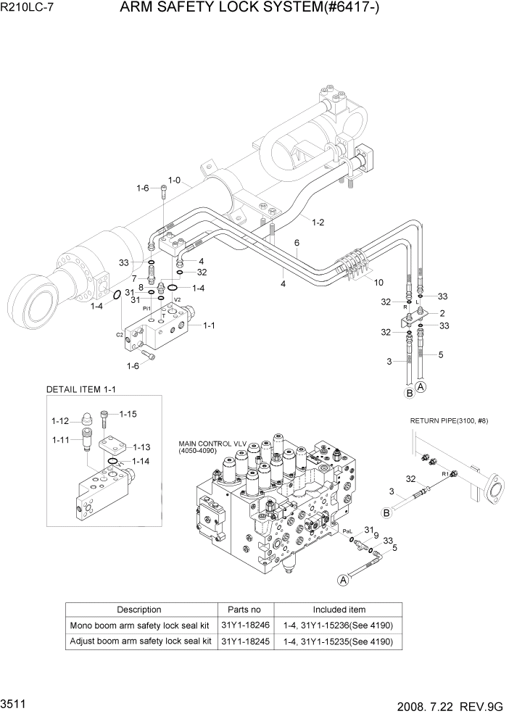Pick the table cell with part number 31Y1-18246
[x=245, y=625]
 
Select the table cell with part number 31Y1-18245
[x=245, y=641]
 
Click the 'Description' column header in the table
[x=139, y=610]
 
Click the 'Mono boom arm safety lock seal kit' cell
[x=141, y=625]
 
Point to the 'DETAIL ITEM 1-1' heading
[x=80, y=390]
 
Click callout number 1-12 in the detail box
[x=59, y=421]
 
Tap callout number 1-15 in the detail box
[x=128, y=414]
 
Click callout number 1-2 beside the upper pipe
[x=318, y=223]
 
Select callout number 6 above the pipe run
[x=297, y=243]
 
